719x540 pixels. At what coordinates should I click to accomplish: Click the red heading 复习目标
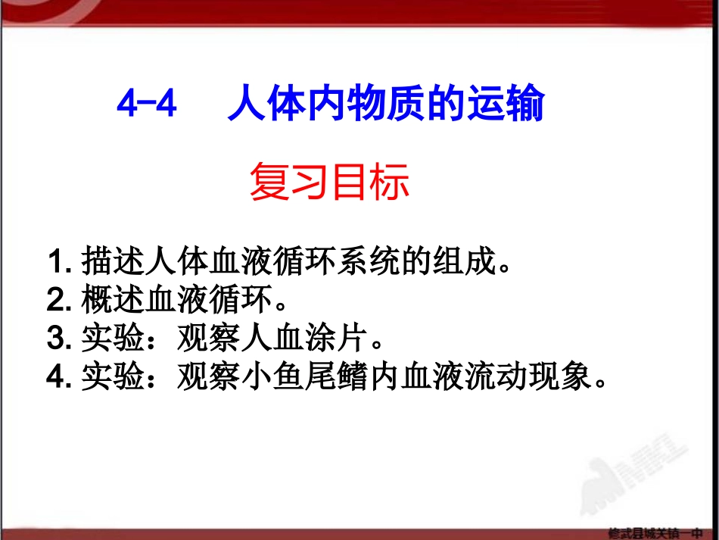click(329, 184)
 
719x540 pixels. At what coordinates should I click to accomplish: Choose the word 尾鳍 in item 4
click(337, 376)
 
